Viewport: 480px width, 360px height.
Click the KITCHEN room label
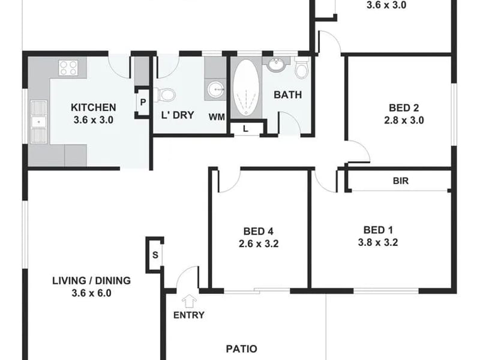(x=94, y=107)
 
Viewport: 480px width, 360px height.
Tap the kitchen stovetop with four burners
(x=68, y=68)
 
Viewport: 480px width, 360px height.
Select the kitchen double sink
(x=39, y=122)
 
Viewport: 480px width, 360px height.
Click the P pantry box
(x=143, y=102)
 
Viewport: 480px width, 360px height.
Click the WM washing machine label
(x=217, y=117)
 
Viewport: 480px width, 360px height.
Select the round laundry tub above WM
(x=216, y=89)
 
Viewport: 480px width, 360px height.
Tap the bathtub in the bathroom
(x=246, y=88)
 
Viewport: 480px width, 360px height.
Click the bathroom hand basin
(x=277, y=65)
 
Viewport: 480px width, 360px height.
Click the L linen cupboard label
(x=245, y=129)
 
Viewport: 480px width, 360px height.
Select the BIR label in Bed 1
(x=401, y=181)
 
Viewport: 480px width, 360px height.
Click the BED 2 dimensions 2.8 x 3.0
(x=404, y=121)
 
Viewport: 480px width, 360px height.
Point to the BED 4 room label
(x=259, y=231)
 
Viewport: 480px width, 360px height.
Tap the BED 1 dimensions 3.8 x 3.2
(x=378, y=242)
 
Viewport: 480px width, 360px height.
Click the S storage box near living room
(x=155, y=254)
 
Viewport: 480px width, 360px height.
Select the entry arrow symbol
(x=189, y=301)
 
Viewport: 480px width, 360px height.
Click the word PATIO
(x=242, y=349)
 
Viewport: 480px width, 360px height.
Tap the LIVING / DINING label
(x=92, y=280)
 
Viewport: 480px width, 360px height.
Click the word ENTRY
(x=189, y=315)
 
